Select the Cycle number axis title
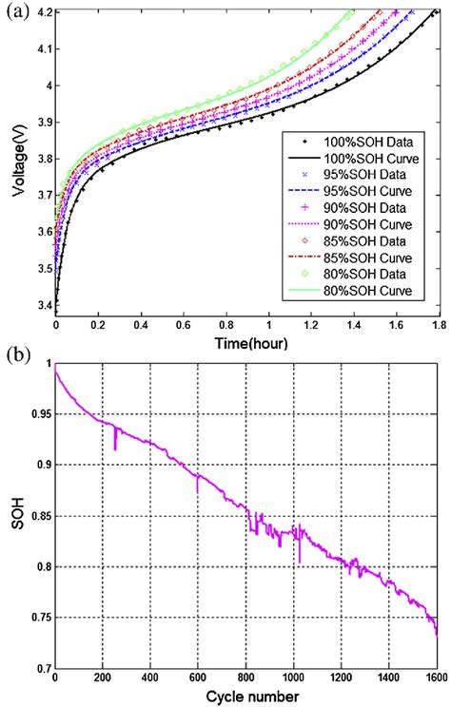pos(245,697)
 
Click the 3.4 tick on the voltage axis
pos(40,306)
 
